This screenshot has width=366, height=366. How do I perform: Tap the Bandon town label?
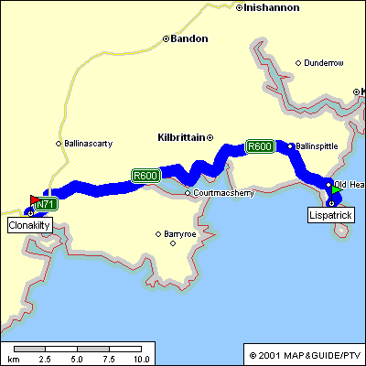click(189, 38)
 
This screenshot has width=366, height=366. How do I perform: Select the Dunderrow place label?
click(324, 63)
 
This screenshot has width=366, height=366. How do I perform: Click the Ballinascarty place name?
click(89, 144)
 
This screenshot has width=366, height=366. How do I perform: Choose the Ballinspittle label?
click(319, 146)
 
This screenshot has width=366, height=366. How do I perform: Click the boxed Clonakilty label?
click(29, 224)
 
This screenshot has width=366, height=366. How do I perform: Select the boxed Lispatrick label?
click(330, 214)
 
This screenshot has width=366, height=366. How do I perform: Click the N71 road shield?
click(47, 204)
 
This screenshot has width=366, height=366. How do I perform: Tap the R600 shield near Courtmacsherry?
click(145, 176)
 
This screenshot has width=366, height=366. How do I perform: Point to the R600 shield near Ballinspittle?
click(260, 145)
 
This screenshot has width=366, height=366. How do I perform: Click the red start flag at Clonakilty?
click(35, 199)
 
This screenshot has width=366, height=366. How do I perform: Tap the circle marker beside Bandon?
click(166, 39)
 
